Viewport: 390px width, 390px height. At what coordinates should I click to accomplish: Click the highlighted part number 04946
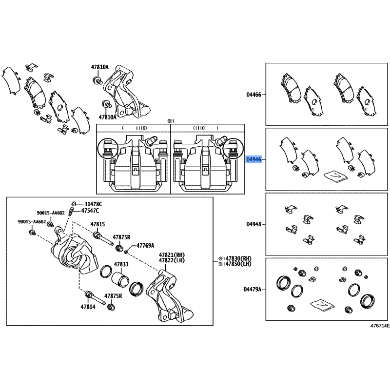[x=253, y=159]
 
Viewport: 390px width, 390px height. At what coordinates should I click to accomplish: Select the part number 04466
[x=253, y=95]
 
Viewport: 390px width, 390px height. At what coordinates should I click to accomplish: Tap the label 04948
[x=253, y=224]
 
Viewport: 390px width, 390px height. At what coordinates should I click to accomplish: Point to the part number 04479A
[x=252, y=289]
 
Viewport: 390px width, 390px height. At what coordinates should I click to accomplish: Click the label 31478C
[x=93, y=204]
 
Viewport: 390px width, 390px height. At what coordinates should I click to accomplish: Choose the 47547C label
[x=90, y=211]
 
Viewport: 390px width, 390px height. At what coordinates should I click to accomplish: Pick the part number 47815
[x=97, y=224]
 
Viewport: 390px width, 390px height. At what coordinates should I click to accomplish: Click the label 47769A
[x=145, y=246]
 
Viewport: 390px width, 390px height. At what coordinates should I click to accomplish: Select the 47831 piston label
[x=121, y=264]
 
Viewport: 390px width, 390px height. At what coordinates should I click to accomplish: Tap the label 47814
[x=88, y=307]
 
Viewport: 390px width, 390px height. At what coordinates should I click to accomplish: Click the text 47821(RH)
[x=172, y=255]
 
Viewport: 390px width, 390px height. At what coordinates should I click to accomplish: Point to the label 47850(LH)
[x=235, y=264]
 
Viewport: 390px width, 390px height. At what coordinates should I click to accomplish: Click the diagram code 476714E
[x=380, y=326]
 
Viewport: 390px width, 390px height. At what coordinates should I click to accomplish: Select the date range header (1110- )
[x=206, y=128]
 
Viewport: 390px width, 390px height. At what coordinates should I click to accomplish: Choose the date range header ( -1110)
[x=135, y=128]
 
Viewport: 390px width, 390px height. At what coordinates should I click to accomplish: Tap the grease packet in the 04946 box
[x=335, y=176]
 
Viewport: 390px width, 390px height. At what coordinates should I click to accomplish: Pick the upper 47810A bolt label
[x=100, y=67]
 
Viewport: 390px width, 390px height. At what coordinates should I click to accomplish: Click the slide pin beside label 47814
[x=95, y=298]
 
